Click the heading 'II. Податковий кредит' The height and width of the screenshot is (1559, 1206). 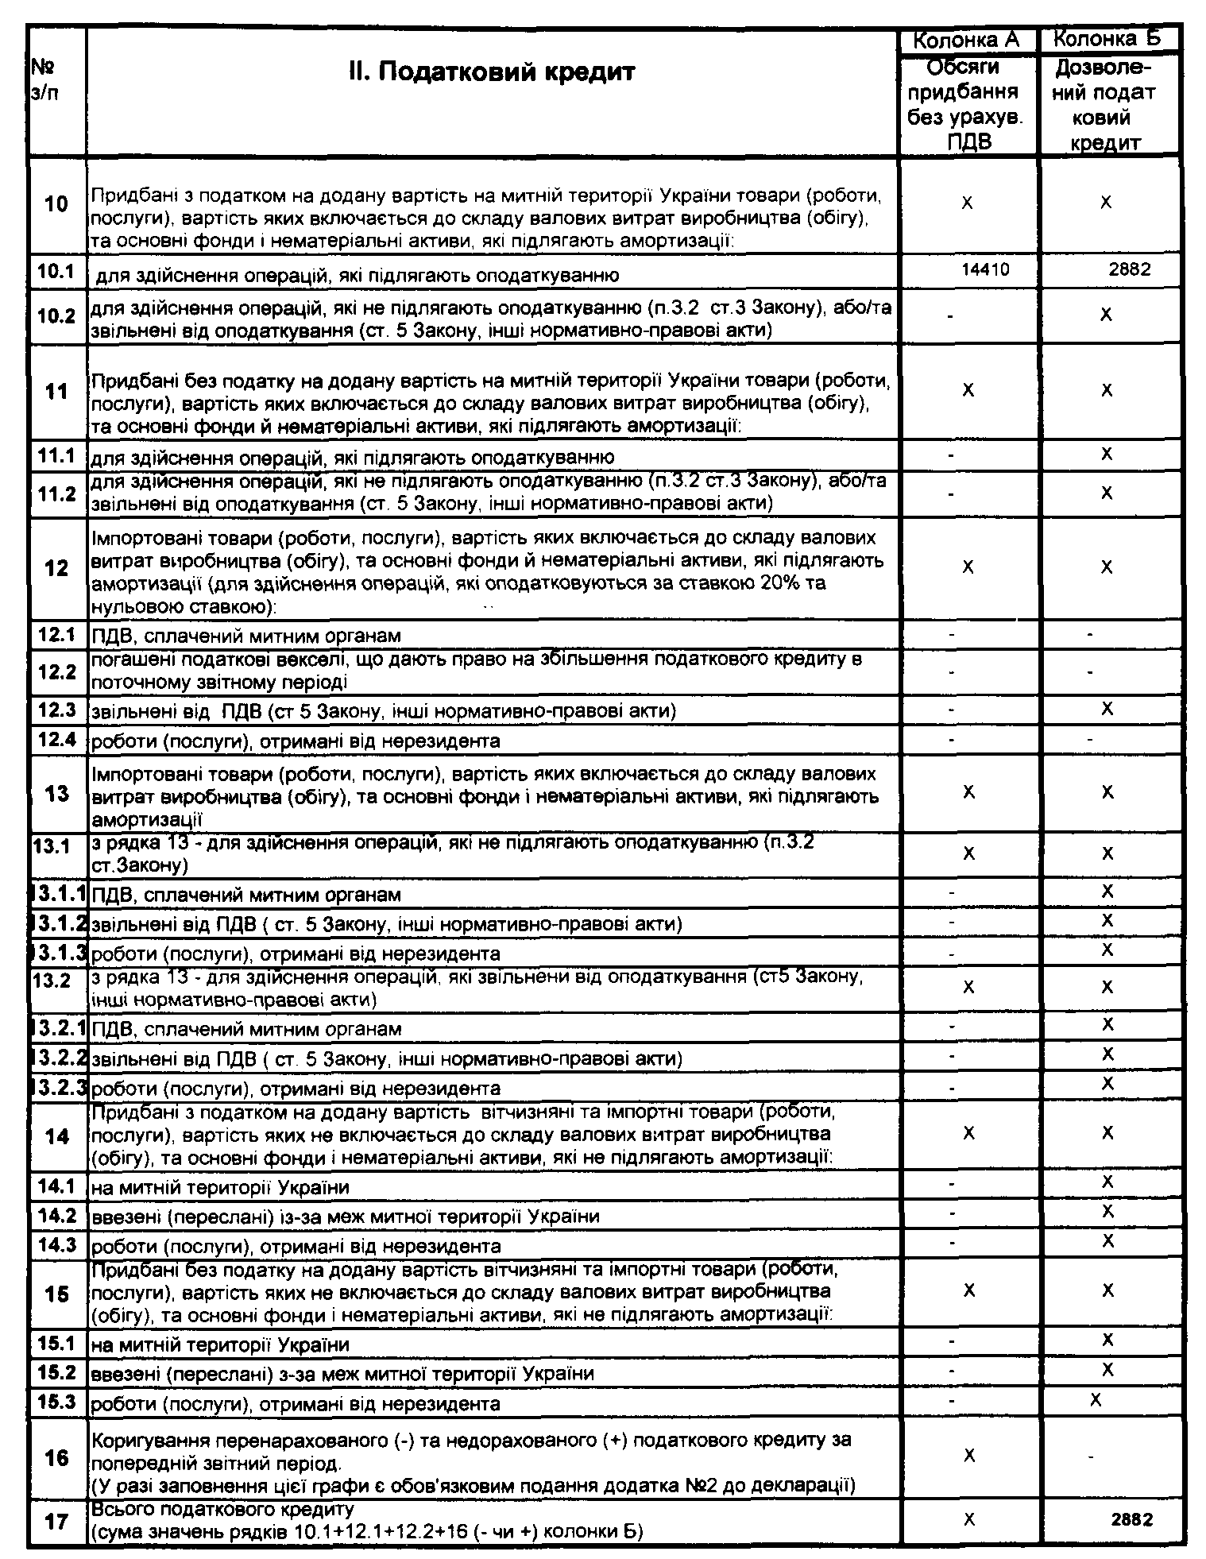492,72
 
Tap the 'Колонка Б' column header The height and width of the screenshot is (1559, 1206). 1107,38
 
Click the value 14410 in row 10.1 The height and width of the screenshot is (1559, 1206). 985,269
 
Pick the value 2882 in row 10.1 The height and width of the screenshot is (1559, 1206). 1129,269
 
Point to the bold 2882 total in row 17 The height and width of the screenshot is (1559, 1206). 1132,1519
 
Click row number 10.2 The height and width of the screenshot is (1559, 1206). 56,315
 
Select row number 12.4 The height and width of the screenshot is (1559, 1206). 56,741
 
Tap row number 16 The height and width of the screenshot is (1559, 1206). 56,1458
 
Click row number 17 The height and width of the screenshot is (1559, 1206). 56,1522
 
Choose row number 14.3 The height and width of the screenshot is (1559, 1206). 56,1245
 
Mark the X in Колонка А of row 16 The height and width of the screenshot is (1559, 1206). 968,1456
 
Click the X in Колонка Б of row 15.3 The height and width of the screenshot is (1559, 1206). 1096,1399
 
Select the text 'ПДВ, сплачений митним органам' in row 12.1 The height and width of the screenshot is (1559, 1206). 246,636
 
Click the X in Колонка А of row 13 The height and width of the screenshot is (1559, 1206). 968,792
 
